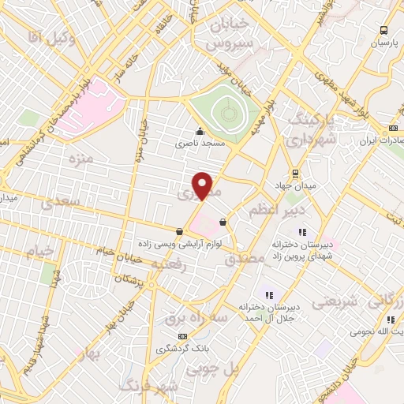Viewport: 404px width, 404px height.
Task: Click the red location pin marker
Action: point(204,185)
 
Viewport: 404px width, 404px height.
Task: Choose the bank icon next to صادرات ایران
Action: point(394,127)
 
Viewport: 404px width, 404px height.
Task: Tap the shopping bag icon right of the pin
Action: point(223,223)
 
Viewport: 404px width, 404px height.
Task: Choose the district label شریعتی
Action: point(335,301)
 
